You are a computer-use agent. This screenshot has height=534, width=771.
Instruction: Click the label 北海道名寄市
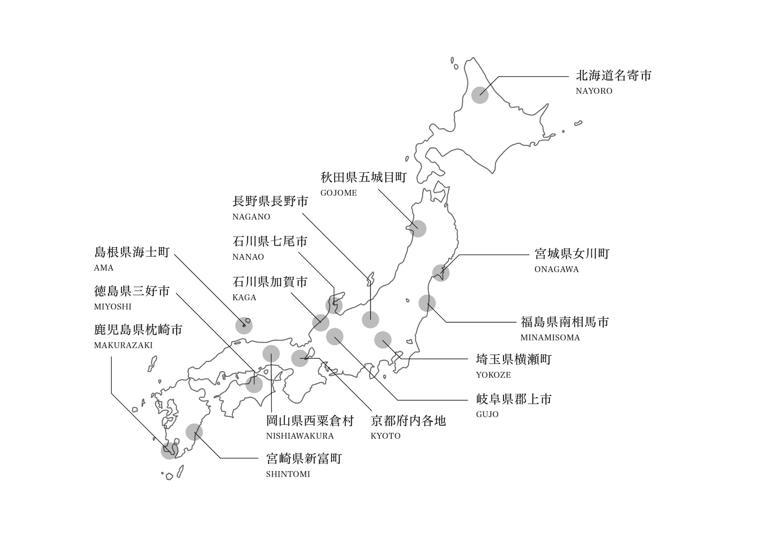(614, 76)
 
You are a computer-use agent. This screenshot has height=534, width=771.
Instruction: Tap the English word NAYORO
(594, 91)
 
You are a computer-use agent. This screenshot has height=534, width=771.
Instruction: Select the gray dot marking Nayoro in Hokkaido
(480, 95)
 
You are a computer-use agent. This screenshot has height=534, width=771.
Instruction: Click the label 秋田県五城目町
(364, 178)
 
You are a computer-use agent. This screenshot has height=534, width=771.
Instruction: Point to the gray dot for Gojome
(418, 229)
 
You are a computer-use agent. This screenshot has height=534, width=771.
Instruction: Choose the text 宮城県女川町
(572, 254)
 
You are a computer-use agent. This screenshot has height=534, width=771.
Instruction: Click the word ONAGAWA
(556, 269)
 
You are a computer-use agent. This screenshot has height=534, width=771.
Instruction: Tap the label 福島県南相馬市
(565, 322)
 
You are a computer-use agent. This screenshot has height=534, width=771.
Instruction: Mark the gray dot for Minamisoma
(427, 303)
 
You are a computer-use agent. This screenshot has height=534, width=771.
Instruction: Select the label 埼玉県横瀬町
(513, 360)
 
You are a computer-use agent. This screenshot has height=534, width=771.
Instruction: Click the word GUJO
(487, 415)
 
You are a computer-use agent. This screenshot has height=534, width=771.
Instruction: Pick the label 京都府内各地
(408, 420)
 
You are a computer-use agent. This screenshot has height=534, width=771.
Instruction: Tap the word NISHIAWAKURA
(300, 436)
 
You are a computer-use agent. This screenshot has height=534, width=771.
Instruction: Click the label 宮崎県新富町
(304, 459)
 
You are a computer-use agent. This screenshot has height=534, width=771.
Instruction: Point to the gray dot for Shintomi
(194, 432)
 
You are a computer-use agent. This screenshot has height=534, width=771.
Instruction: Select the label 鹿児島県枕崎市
(138, 329)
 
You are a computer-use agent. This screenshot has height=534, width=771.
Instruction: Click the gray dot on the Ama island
(244, 326)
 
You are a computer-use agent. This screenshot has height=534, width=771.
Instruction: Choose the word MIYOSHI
(113, 307)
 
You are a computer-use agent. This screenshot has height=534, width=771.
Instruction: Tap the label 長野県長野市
(270, 201)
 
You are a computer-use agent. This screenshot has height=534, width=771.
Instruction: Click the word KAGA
(244, 297)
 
